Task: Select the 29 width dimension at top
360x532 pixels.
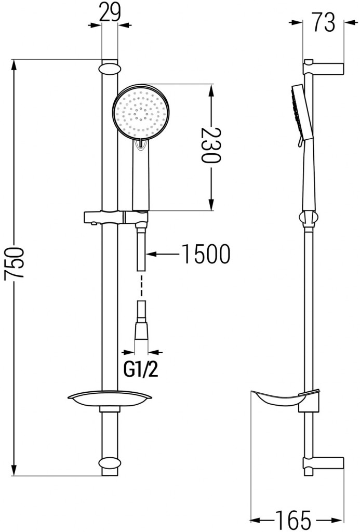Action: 110,11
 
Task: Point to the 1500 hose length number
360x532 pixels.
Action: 205,255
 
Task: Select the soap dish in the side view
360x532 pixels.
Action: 283,400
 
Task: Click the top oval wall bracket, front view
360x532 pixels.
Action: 109,69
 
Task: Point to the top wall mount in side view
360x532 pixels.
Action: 323,69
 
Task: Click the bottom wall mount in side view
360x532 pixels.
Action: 323,464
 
